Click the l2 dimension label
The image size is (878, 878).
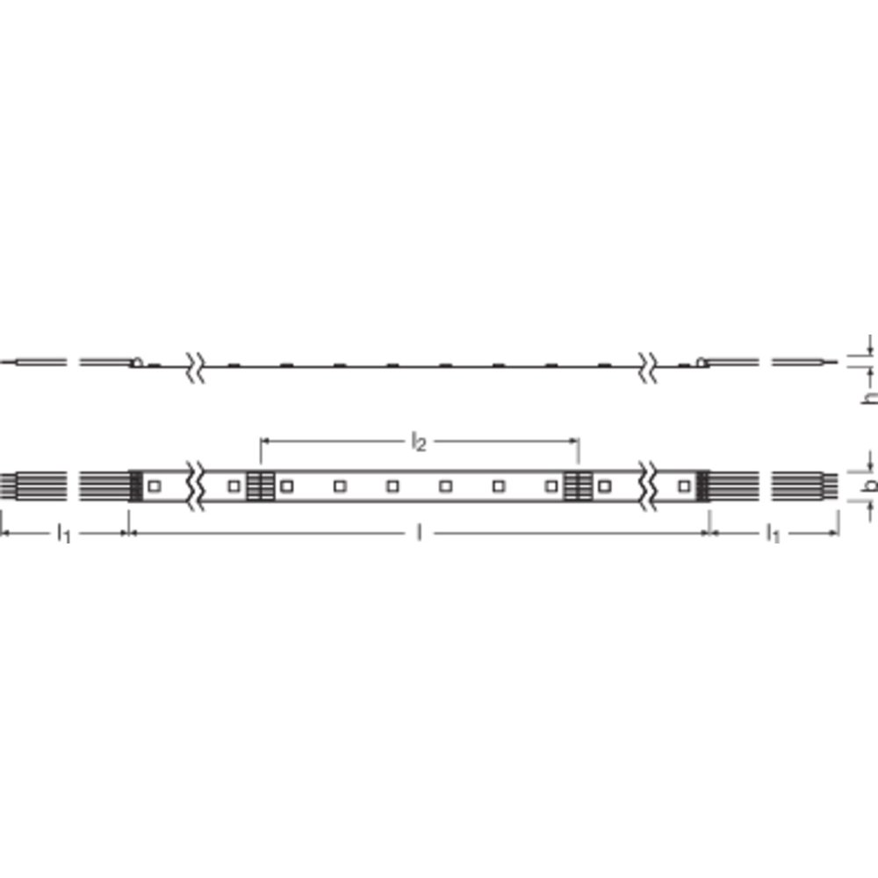419,442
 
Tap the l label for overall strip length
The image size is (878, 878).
419,534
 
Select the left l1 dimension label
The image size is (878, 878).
64,534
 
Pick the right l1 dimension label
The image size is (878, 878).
773,534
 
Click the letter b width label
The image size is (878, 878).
870,486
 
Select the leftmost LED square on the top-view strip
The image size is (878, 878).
155,486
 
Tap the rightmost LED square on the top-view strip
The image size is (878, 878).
683,486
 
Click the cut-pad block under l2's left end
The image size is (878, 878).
261,486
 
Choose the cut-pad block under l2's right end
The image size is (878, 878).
578,486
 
